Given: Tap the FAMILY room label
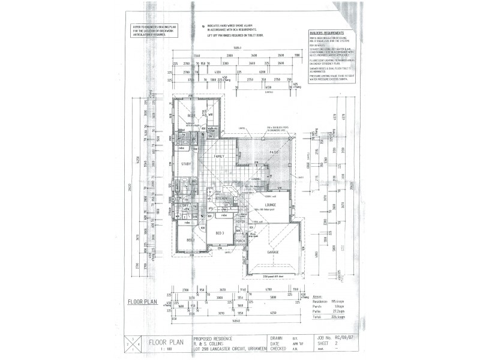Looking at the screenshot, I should click(219, 157).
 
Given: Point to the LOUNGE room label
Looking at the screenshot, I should click(268, 204).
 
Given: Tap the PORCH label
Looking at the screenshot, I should click(241, 241).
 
